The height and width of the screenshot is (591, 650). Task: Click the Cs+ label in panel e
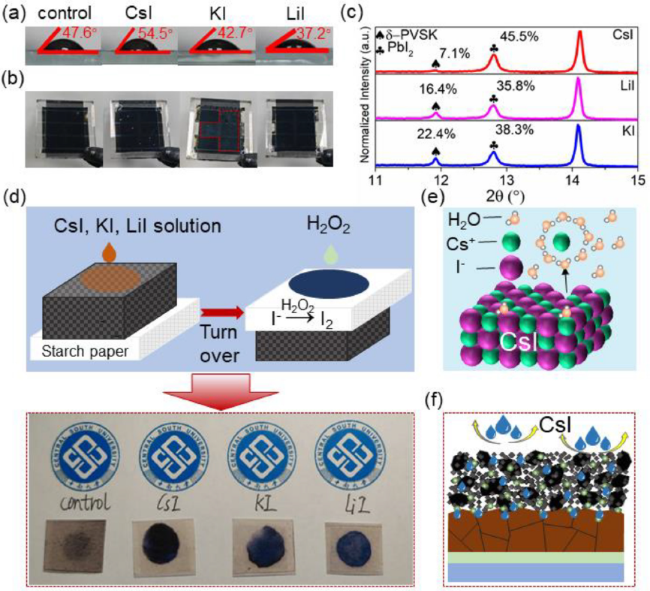click(x=465, y=243)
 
